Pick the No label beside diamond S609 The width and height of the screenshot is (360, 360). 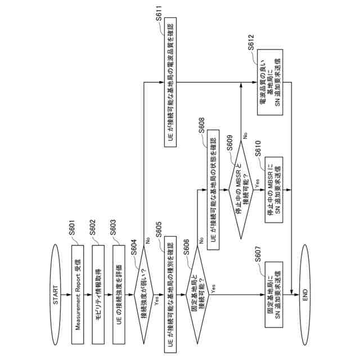(x=245, y=136)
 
